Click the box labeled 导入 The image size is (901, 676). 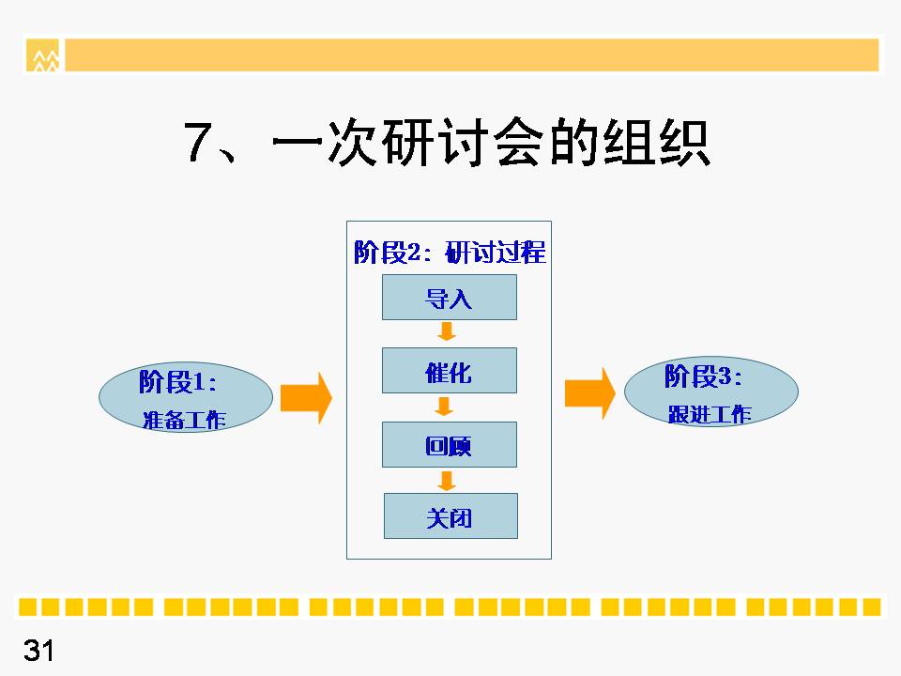450,298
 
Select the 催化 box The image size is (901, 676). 450,371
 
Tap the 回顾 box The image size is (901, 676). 450,444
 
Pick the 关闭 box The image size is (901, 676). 450,516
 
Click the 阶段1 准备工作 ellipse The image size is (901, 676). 186,397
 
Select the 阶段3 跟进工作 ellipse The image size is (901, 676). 711,392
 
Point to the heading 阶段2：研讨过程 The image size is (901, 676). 450,253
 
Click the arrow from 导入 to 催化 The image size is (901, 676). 447,331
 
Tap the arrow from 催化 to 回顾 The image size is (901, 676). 444,407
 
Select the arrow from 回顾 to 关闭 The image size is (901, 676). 447,481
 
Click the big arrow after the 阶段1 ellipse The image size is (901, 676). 306,398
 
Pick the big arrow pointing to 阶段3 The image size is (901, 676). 590,393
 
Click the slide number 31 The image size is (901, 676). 38,651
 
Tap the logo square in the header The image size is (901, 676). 42,55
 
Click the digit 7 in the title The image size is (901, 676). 196,142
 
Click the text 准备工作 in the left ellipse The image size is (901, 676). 184,421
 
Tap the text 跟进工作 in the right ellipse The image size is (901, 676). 710,414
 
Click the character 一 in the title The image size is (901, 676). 297,142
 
